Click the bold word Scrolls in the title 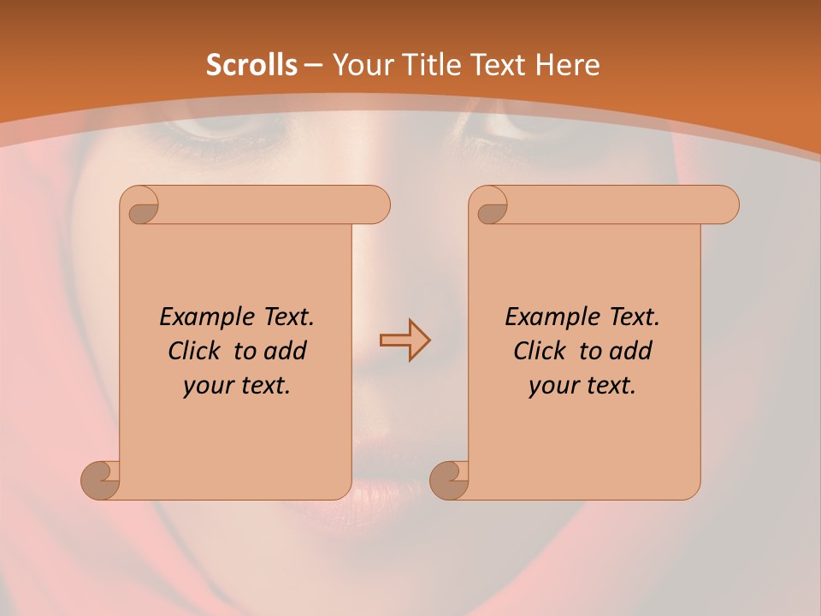point(251,65)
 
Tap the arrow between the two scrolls point(405,341)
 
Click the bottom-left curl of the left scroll point(100,480)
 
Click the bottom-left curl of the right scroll point(449,480)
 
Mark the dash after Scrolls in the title point(314,65)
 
